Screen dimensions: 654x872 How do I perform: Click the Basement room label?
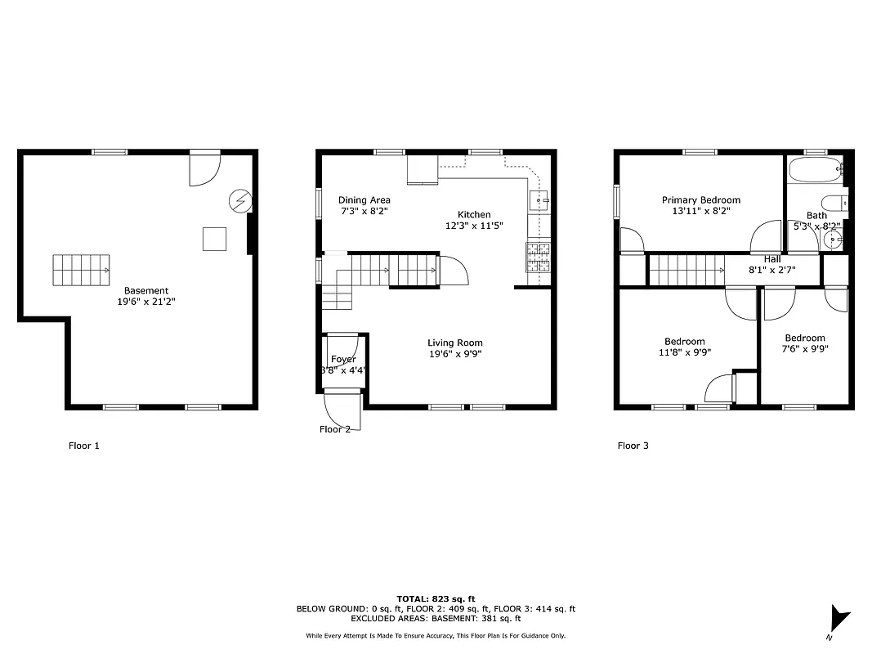tap(146, 290)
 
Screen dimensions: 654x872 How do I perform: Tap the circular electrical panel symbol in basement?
tap(240, 200)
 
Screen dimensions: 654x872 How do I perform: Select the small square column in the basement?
tap(215, 238)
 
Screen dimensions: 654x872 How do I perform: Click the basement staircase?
tap(82, 270)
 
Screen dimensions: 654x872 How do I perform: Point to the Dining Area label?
tap(364, 199)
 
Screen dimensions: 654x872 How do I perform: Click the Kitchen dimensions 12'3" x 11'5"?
tap(474, 226)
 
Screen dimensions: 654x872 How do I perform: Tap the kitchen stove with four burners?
tap(539, 257)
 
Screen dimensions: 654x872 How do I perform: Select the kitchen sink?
tap(539, 199)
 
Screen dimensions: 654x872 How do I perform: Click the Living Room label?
tap(455, 343)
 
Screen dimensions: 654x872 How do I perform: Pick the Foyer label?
tap(343, 359)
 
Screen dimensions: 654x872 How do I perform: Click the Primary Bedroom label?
tap(701, 199)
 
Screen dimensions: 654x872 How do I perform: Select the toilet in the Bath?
tap(834, 204)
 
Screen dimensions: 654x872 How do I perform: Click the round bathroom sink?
tap(832, 240)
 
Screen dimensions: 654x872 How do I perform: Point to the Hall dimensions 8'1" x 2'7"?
tap(772, 270)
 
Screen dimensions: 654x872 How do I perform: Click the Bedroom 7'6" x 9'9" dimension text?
tap(805, 349)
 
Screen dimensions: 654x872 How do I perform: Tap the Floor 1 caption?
tap(83, 446)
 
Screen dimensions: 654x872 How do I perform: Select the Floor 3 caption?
tap(633, 446)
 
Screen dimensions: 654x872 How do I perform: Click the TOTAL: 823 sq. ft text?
tap(436, 598)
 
